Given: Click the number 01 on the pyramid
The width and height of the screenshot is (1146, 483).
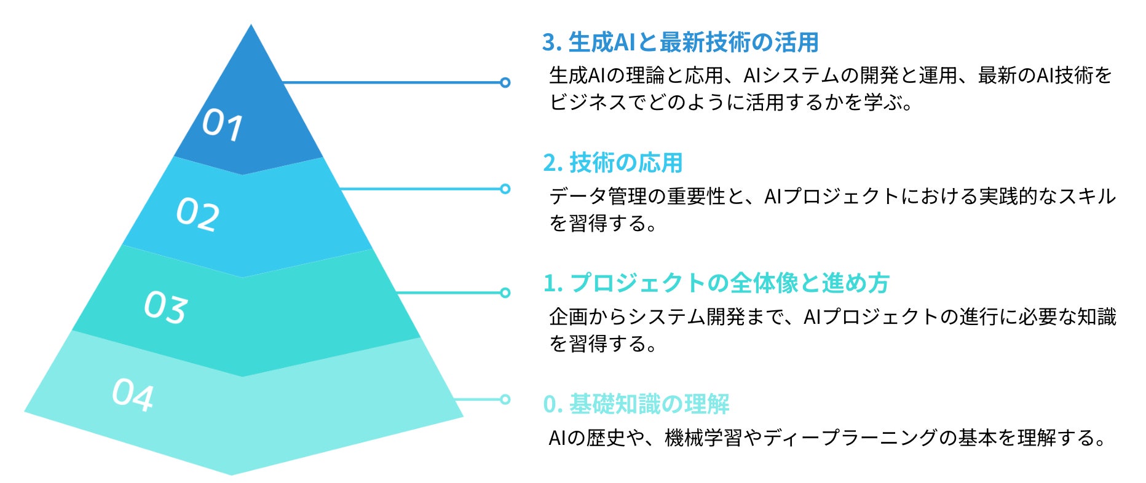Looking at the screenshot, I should pos(223,125).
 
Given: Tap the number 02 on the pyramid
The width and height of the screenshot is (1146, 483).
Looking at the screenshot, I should pos(197,214).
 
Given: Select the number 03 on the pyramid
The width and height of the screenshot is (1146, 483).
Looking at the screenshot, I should pos(165,307).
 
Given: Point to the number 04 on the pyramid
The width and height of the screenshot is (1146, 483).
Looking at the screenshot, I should pos(133,395).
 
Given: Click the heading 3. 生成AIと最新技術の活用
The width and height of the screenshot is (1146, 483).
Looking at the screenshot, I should pos(680,42).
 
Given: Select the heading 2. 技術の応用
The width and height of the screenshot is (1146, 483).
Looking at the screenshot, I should pos(613,163).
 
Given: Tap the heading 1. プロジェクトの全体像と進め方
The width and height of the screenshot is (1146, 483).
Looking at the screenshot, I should pos(716,283).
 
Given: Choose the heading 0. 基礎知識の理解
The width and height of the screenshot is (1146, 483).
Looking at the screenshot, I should pos(636,404).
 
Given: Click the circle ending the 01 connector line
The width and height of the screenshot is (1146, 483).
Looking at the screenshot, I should pos(505,82).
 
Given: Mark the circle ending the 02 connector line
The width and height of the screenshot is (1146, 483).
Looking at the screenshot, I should pos(505,189).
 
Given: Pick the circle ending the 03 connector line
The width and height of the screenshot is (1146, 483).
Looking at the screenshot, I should pos(505,293).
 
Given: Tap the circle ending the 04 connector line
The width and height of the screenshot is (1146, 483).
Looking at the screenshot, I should pos(505,399).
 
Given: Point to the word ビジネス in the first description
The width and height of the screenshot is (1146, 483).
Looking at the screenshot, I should pos(588,102).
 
